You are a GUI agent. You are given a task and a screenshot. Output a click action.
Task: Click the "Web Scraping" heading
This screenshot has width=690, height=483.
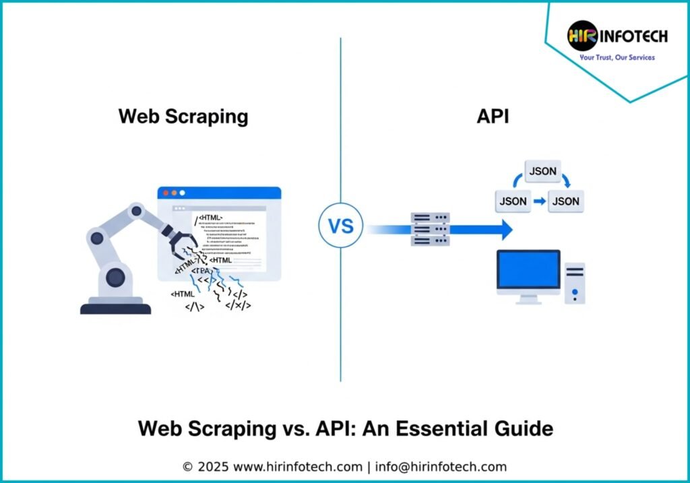click(183, 116)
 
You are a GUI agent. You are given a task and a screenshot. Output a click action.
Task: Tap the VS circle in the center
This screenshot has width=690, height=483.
click(340, 225)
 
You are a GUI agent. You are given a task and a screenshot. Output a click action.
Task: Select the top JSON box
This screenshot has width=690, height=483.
click(542, 171)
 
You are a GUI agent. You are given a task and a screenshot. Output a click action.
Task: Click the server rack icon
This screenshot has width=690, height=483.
click(430, 229)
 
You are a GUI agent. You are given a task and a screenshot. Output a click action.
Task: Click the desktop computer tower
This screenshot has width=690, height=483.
click(575, 283)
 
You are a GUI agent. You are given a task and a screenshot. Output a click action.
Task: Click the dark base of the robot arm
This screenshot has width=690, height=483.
click(115, 308)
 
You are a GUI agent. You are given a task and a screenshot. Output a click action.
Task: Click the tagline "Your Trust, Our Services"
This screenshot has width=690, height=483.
click(617, 58)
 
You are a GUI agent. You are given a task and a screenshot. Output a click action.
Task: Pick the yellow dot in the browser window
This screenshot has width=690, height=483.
click(172, 193)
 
